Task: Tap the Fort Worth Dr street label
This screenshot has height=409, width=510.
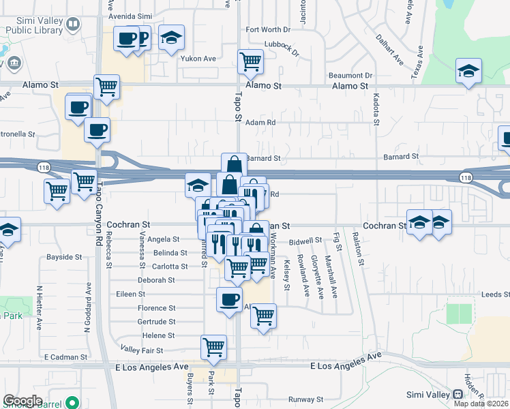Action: coord(268,30)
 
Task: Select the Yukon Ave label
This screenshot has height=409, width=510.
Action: coord(198,59)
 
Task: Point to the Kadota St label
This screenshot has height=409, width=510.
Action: coord(376,109)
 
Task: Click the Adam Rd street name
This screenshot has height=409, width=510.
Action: coord(260,123)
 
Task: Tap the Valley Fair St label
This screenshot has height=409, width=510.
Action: coord(142,350)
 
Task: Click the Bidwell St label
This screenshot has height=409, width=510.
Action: coord(305,241)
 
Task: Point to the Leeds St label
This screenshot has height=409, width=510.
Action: coord(495,294)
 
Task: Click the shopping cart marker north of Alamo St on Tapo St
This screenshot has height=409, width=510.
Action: coord(251,61)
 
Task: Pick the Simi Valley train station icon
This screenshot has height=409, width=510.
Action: coord(457,395)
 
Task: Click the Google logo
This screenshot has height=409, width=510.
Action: coord(22,400)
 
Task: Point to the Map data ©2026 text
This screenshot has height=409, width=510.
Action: coord(481,404)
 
